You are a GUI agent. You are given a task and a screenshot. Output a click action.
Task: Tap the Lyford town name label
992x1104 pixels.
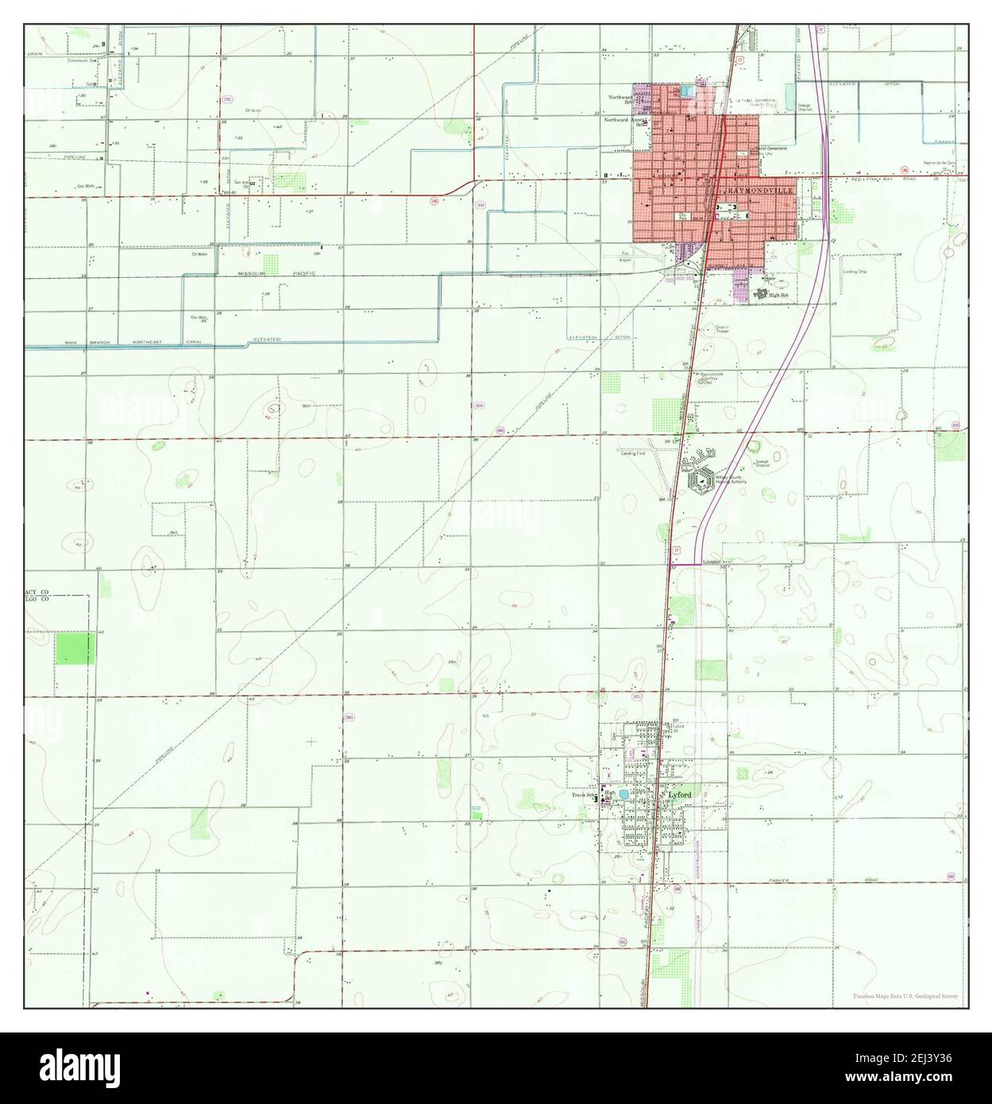tap(680, 795)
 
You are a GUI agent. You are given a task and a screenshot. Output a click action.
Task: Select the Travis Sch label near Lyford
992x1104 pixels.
tap(584, 793)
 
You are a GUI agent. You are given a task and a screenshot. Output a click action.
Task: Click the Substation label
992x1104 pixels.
tap(712, 562)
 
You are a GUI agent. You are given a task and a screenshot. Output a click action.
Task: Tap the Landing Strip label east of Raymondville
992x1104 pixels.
tap(854, 271)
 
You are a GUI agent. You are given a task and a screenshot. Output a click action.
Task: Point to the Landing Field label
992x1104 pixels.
tap(633, 454)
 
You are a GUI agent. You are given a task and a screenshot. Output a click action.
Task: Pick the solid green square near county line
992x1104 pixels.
tap(75, 648)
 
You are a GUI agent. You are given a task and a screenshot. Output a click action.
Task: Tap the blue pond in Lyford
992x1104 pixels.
tap(627, 793)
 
